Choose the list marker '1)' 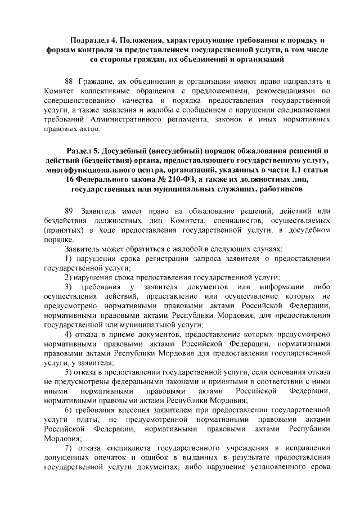click(69, 258)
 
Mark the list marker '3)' click(69, 288)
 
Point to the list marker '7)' click(69, 447)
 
